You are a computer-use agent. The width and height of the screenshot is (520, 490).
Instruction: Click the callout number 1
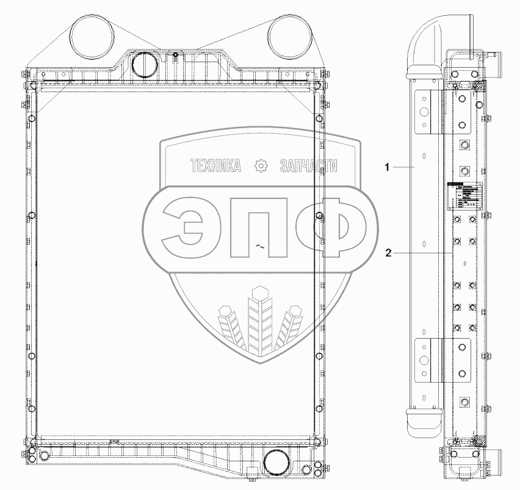tap(386, 166)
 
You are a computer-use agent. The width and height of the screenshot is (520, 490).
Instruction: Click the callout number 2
tap(386, 252)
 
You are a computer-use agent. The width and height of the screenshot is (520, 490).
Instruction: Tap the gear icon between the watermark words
tap(261, 165)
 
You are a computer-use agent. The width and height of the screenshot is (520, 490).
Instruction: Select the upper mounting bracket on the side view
tap(427, 111)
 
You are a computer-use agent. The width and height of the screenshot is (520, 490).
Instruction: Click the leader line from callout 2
tap(421, 252)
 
